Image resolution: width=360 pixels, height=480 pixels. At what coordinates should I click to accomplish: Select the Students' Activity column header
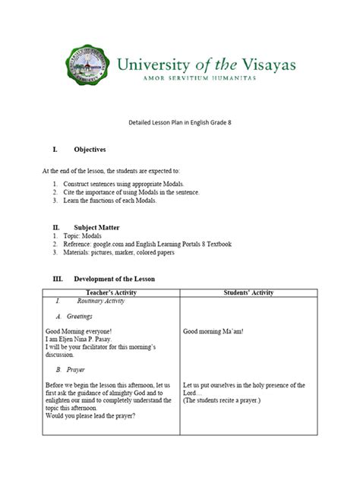(x=248, y=292)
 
